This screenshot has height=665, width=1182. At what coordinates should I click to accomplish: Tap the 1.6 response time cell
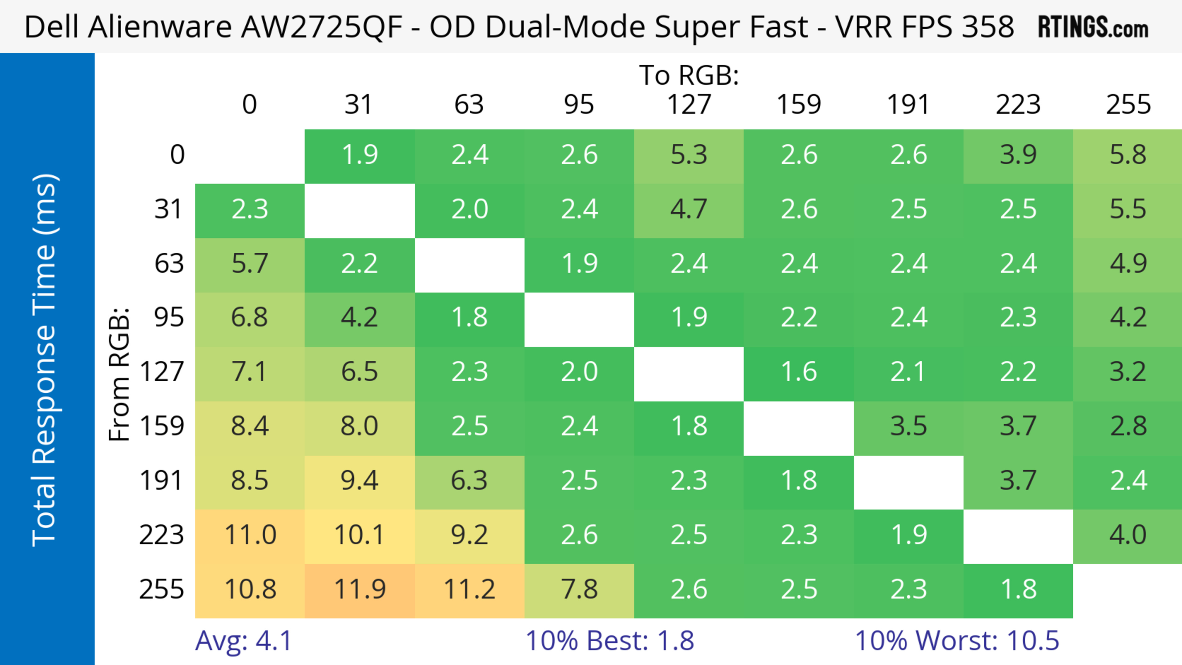[799, 371]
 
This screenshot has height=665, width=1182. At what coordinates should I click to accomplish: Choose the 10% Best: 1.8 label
[609, 641]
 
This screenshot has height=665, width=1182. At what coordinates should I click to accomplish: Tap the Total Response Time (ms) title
[45, 360]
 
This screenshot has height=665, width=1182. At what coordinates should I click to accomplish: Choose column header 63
[469, 105]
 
